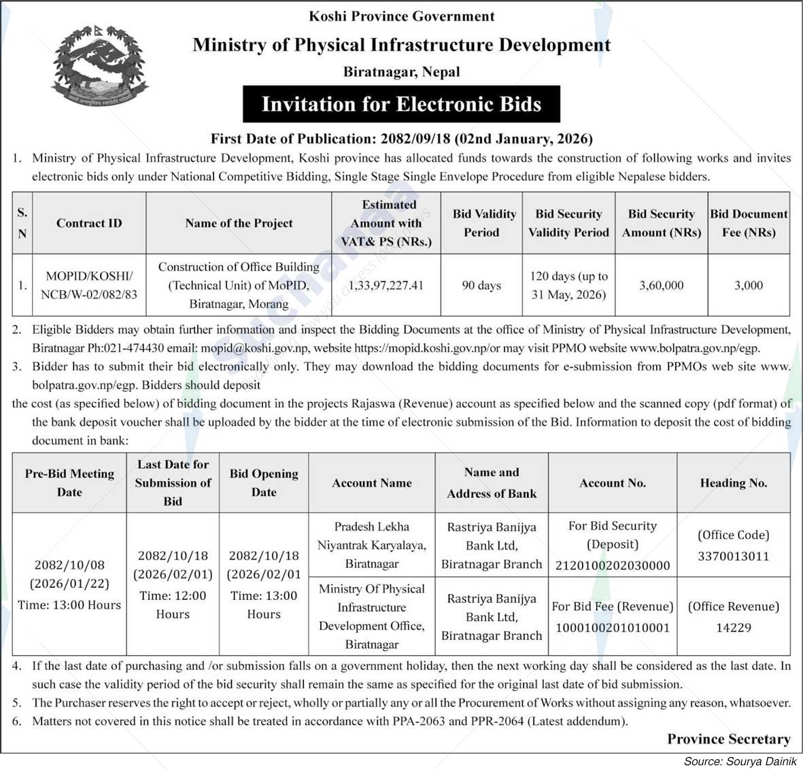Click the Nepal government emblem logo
click(x=92, y=65)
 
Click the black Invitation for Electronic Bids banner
click(x=401, y=104)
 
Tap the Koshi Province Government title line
click(x=401, y=16)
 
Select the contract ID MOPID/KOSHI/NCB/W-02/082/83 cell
click(x=89, y=285)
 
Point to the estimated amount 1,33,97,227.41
click(x=386, y=285)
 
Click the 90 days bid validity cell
click(x=481, y=285)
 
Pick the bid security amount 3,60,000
click(x=661, y=285)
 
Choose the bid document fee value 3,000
click(x=748, y=285)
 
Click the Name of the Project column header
click(x=239, y=223)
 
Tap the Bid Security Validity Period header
click(x=568, y=223)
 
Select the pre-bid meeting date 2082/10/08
click(x=69, y=565)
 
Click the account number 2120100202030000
click(x=613, y=565)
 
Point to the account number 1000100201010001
click(x=613, y=627)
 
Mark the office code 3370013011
click(x=733, y=556)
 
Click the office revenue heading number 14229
click(x=733, y=627)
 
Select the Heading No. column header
click(x=733, y=483)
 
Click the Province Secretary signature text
click(x=728, y=739)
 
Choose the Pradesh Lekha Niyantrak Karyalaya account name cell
click(x=371, y=545)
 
